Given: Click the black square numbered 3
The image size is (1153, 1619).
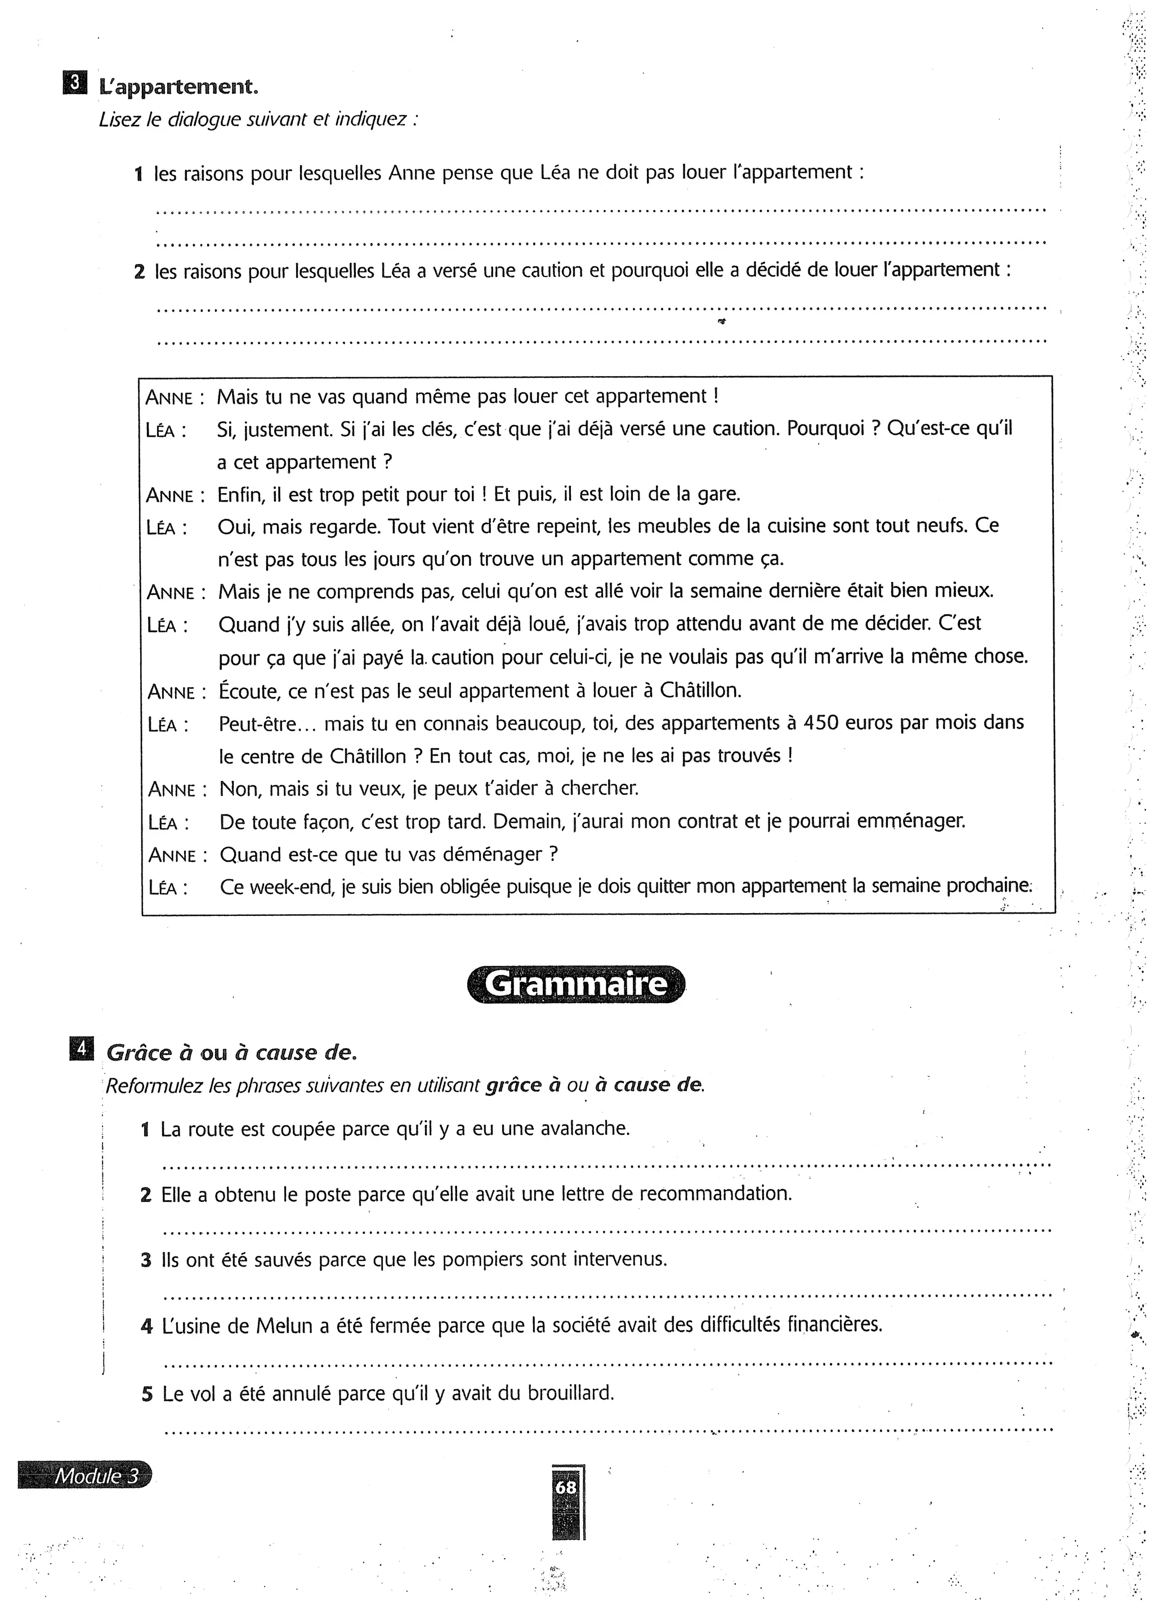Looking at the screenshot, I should click(x=73, y=84).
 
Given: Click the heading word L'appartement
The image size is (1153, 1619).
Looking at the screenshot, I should click(x=178, y=87).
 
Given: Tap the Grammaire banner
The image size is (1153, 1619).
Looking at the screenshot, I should click(x=576, y=985).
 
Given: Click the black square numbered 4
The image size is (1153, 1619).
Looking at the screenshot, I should click(x=81, y=1049).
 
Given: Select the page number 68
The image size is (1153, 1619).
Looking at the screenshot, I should click(x=566, y=1486).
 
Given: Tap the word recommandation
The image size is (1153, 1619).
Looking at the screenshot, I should click(x=715, y=1194).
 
